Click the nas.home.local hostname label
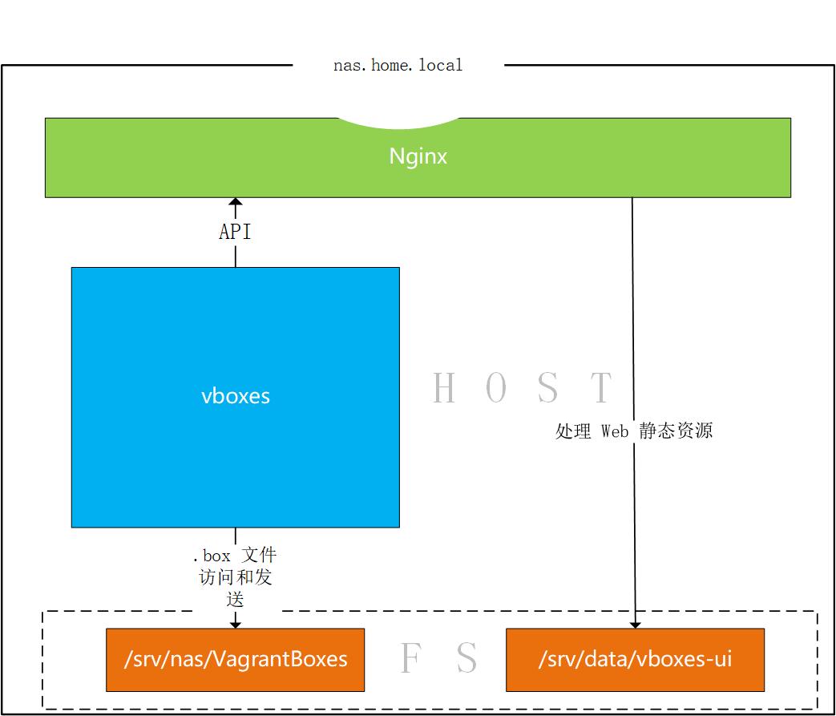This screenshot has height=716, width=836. tap(398, 66)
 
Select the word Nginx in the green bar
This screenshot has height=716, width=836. tap(418, 156)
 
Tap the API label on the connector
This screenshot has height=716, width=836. tap(235, 232)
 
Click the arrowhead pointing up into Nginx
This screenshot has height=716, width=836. tap(235, 203)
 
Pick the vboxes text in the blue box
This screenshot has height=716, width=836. tap(235, 396)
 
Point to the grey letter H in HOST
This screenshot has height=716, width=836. tap(444, 388)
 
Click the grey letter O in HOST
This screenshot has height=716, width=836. tap(496, 388)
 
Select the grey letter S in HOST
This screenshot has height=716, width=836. tap(548, 388)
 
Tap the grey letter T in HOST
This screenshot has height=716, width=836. tap(601, 388)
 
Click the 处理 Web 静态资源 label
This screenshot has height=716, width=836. tap(633, 431)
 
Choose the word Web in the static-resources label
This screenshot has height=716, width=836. tap(614, 431)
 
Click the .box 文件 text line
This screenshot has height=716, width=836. tap(235, 555)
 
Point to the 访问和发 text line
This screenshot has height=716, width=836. tap(235, 577)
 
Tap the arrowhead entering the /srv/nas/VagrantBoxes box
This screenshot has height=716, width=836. tap(235, 622)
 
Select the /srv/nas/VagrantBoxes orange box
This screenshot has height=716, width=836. tap(235, 660)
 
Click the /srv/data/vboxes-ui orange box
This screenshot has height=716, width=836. tap(635, 660)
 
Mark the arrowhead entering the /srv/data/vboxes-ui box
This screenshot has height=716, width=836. tap(635, 623)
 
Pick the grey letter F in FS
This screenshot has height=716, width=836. tap(410, 659)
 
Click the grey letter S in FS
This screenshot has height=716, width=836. tap(466, 659)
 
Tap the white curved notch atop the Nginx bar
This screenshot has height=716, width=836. tap(398, 122)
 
